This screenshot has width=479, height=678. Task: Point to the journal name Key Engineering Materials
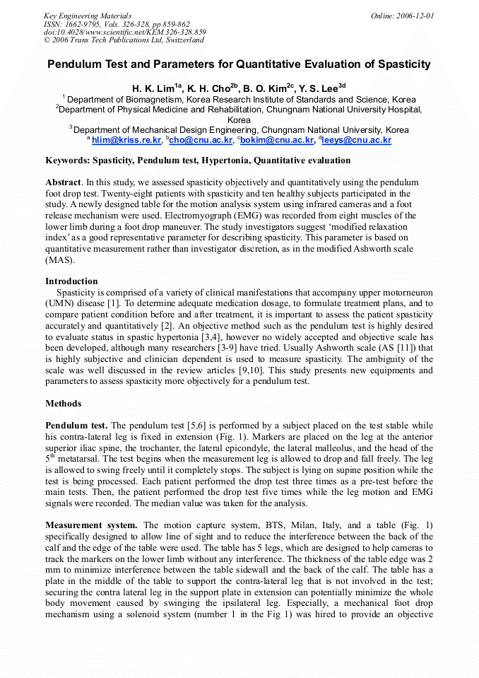87,16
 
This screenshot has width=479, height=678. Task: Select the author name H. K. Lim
152,88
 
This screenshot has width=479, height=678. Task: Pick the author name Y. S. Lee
318,88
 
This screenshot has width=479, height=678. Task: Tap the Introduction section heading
71,281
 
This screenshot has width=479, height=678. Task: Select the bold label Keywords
68,160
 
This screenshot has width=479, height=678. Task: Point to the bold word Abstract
63,182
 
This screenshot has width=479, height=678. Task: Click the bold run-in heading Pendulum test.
76,426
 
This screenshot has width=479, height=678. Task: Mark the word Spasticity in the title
402,64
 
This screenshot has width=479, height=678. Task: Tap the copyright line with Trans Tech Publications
124,40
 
